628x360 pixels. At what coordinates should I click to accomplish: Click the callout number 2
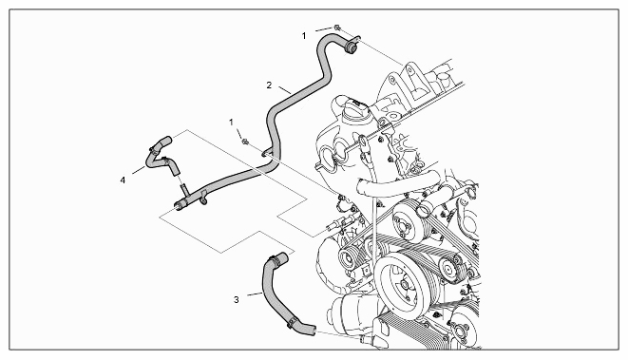[269, 85]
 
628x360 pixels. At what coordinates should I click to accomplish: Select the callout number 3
[237, 299]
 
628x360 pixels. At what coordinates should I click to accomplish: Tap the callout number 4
[123, 180]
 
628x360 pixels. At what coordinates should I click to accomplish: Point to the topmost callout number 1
[304, 36]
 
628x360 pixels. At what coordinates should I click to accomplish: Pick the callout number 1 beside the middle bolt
[231, 123]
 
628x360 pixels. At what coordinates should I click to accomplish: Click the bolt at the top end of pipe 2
[337, 28]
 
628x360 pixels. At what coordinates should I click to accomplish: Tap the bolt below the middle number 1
[245, 141]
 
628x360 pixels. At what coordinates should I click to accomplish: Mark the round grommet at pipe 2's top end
[352, 47]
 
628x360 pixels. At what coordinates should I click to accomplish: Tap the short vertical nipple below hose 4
[183, 190]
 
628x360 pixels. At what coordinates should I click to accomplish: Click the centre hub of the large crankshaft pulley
[404, 285]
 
